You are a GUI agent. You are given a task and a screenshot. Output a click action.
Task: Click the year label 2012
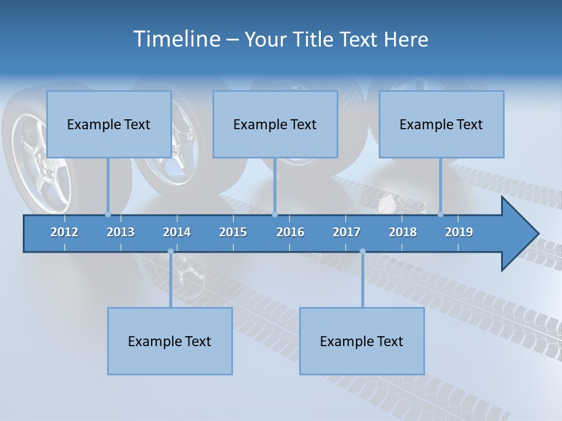point(64,232)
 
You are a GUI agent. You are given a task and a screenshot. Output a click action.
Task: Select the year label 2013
point(121,232)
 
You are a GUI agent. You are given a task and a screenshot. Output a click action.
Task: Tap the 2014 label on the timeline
point(177,232)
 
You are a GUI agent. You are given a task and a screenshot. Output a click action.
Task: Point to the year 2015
point(233,232)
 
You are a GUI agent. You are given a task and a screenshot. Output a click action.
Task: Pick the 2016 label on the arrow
point(290,232)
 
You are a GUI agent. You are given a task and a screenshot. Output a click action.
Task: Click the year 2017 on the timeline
point(347,232)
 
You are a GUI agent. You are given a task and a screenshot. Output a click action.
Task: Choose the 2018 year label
point(403,232)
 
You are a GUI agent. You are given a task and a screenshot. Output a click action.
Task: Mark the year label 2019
point(459,232)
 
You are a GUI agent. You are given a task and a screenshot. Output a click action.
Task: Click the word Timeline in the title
point(176,39)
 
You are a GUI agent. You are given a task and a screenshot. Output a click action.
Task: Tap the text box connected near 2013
point(109,125)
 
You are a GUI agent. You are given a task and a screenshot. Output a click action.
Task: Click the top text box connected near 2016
point(275,125)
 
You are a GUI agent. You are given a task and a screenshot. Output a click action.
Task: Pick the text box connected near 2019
point(441,125)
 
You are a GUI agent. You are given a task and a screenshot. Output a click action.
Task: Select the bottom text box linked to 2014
point(170,341)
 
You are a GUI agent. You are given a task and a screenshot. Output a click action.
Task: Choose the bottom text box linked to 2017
point(362,341)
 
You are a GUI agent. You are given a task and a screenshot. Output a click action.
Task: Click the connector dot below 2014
point(170,251)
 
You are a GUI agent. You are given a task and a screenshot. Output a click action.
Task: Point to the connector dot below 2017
point(362,251)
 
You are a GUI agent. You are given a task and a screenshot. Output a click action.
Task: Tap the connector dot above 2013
point(108,214)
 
